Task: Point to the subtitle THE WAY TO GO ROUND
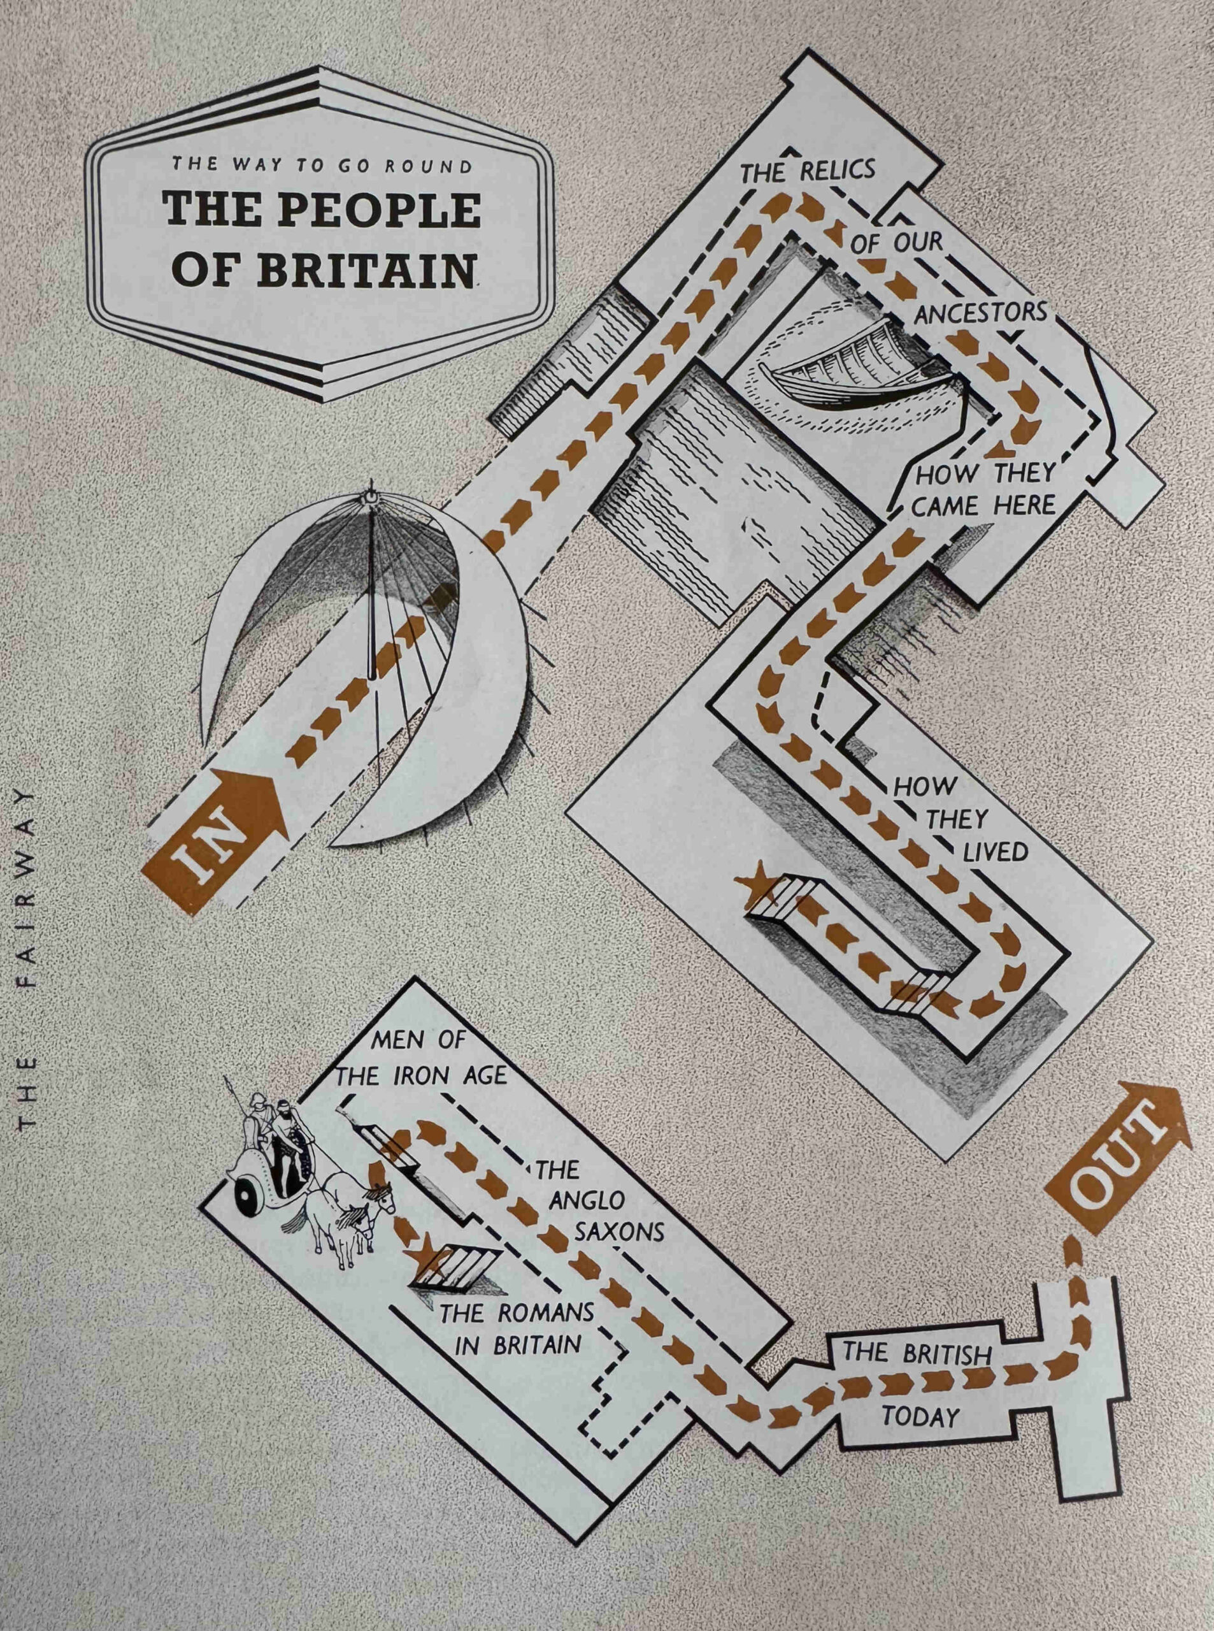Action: tap(322, 166)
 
